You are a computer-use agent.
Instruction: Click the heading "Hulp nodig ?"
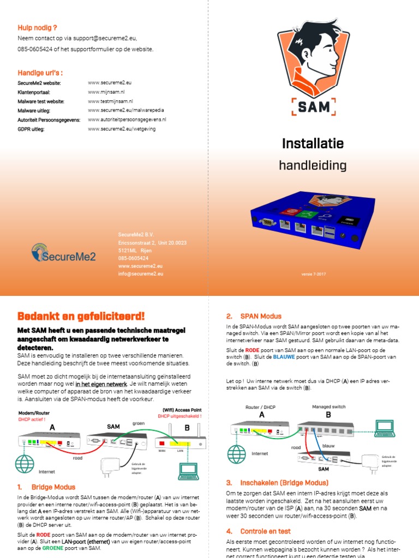(x=38, y=27)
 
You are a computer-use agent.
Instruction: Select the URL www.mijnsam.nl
(x=106, y=92)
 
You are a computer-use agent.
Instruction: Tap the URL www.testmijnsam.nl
(x=111, y=101)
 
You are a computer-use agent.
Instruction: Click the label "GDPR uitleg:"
(x=31, y=129)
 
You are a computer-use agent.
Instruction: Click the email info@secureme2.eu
(x=141, y=274)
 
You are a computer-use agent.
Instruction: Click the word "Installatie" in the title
(x=313, y=144)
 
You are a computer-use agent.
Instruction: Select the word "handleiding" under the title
(x=313, y=165)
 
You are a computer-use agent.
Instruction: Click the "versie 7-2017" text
(x=313, y=273)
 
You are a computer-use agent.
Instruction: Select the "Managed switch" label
(x=328, y=407)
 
